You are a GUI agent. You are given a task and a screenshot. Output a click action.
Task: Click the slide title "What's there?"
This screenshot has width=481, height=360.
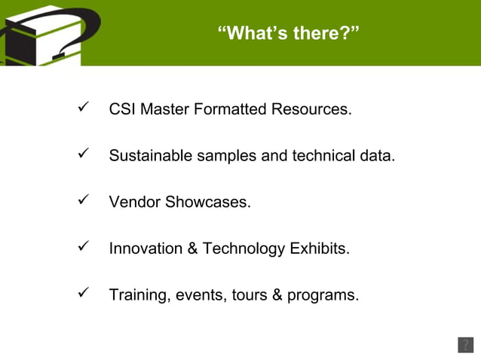(x=288, y=33)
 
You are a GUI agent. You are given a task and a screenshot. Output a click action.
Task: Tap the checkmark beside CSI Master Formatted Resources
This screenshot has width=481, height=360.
(x=84, y=108)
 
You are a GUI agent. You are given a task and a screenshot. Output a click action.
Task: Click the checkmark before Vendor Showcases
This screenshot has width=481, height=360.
(x=84, y=200)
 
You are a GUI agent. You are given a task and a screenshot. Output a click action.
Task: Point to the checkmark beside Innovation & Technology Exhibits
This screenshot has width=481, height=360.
(x=84, y=246)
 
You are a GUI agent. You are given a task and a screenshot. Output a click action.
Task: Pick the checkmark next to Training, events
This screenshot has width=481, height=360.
(x=84, y=293)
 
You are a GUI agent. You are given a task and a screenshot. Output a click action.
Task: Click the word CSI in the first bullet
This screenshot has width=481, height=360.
(x=122, y=109)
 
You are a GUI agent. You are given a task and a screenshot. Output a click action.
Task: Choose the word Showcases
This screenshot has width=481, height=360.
(x=210, y=203)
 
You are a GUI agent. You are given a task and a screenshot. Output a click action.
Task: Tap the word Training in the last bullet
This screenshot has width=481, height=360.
(x=138, y=295)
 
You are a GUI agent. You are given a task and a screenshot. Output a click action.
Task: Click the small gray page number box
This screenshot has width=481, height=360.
(x=465, y=345)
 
